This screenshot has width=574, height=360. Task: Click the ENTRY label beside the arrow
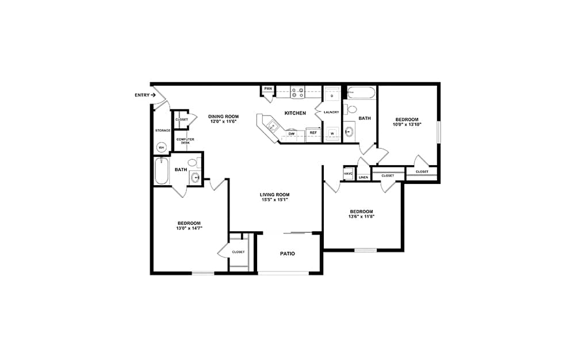tap(142, 95)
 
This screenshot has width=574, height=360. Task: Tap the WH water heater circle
tap(162, 147)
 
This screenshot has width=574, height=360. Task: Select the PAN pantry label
tap(268, 89)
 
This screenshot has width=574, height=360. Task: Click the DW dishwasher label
tap(292, 134)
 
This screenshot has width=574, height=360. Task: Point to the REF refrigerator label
tap(313, 133)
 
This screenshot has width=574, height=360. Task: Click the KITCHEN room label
tap(295, 113)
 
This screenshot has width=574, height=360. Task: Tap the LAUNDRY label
tap(331, 112)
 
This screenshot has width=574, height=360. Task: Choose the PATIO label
tap(288, 254)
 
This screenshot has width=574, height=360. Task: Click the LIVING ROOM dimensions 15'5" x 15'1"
tap(274, 200)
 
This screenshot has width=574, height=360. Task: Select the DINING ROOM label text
tap(223, 117)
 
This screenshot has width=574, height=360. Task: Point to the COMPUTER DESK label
tap(185, 141)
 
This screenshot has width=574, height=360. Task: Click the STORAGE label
tap(163, 131)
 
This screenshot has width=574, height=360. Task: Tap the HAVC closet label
tap(348, 174)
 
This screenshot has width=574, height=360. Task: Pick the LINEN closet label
tap(363, 178)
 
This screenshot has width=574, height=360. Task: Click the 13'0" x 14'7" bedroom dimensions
tap(189, 228)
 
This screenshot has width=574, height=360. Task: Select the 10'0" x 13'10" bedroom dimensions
tap(407, 124)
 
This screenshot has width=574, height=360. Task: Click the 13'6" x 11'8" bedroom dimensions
tap(361, 216)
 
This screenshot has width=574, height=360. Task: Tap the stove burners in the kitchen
tap(297, 92)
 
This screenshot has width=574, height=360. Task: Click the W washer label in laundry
tap(332, 133)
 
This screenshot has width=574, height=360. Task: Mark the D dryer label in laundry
tap(332, 96)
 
